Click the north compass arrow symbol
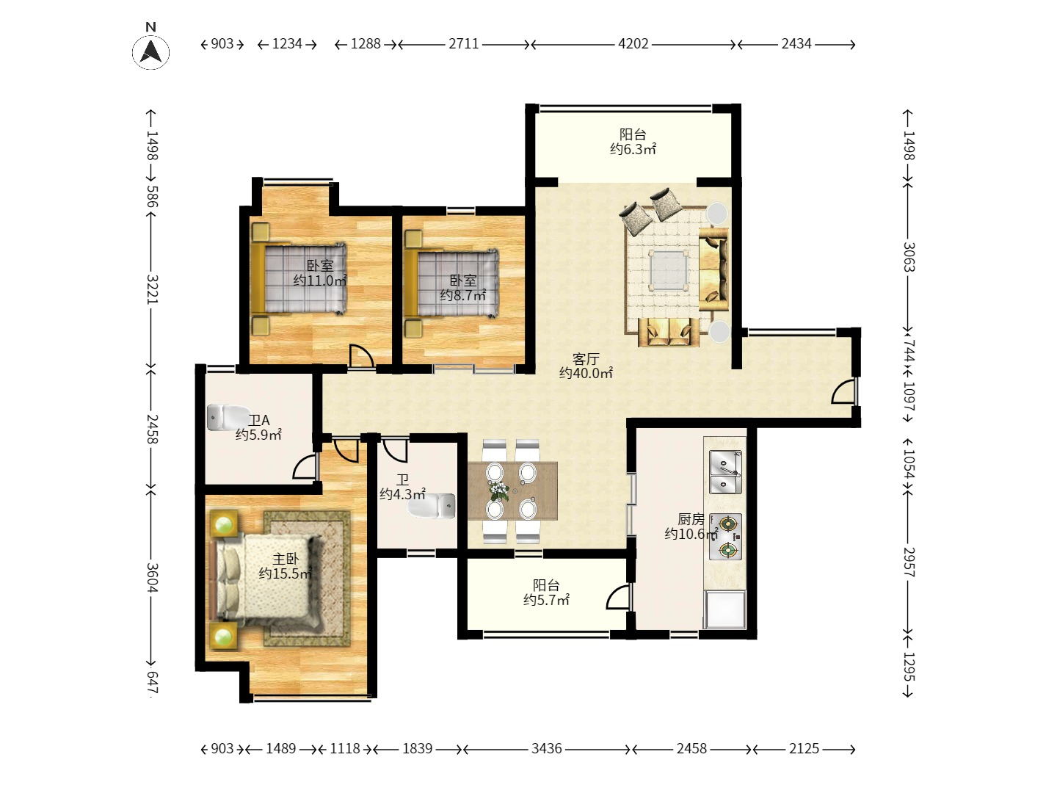[150, 51]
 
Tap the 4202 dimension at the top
[633, 44]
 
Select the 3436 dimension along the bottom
[547, 748]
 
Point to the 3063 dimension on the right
[908, 257]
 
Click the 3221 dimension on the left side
[152, 289]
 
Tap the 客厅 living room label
[586, 359]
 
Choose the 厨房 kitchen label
[691, 519]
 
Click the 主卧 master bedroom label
[286, 559]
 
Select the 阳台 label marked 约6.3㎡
[633, 134]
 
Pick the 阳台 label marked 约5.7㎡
[546, 585]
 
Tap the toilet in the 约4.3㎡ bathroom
[432, 506]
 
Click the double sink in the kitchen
[725, 471]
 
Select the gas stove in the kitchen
[725, 536]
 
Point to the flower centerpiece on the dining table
[499, 490]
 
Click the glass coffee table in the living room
[669, 269]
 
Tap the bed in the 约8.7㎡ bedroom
[451, 283]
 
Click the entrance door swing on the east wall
[843, 391]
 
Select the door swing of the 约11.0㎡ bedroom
[361, 356]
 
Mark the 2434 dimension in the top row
[796, 44]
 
